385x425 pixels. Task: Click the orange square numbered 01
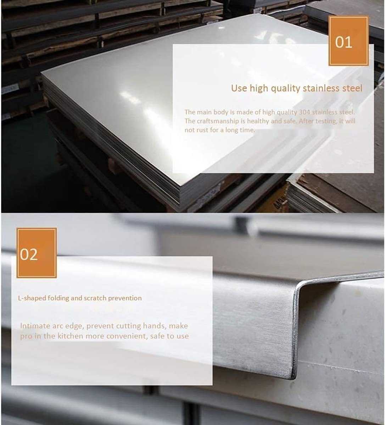pos(348,41)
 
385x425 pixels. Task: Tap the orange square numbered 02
pos(37,253)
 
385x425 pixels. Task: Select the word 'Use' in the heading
pos(239,88)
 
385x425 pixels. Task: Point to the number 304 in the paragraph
pos(305,112)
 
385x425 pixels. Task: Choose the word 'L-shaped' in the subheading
pos(32,298)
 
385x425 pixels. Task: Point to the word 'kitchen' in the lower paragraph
pos(71,336)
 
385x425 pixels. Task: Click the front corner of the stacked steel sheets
pos(180,186)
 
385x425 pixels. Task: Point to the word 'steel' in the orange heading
pos(352,88)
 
